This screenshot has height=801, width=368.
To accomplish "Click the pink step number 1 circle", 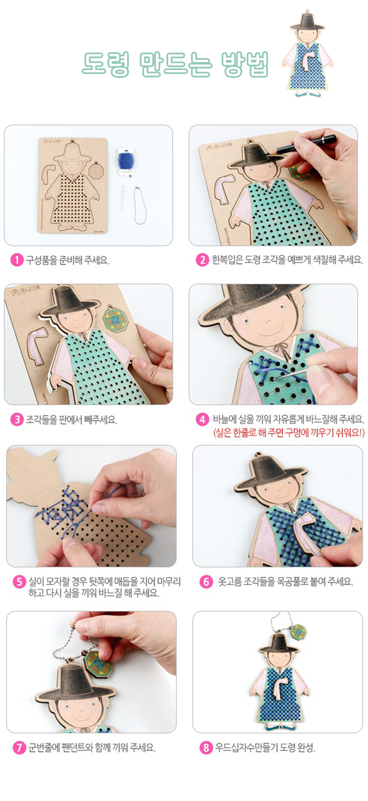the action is [17, 260].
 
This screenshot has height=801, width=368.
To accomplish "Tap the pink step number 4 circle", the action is [202, 419].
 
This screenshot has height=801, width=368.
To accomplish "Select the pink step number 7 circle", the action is [19, 748].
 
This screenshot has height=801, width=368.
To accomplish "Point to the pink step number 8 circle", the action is [206, 748].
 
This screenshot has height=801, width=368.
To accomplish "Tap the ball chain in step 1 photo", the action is [140, 205].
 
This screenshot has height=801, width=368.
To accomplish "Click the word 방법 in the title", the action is [245, 64].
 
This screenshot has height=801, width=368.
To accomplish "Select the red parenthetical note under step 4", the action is [289, 433].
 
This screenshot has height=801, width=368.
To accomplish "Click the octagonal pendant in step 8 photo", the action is [299, 632].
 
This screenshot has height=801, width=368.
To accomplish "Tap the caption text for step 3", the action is [71, 419].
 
